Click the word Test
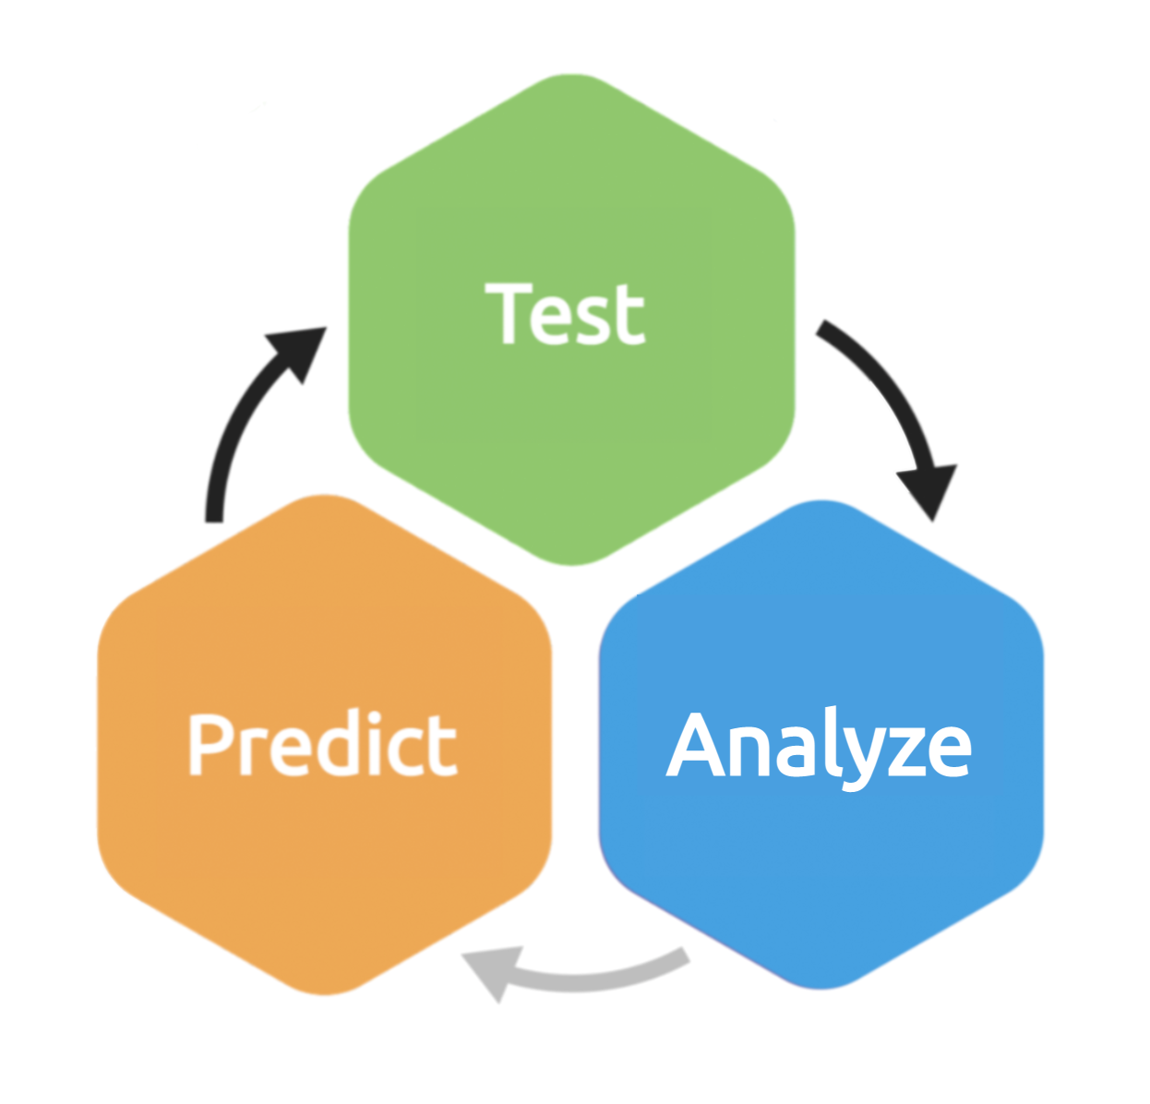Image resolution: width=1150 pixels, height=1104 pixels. pyautogui.click(x=565, y=315)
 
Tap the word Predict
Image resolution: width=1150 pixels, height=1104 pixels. pyautogui.click(x=322, y=744)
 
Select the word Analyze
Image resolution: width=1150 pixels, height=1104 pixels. pyautogui.click(x=819, y=746)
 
